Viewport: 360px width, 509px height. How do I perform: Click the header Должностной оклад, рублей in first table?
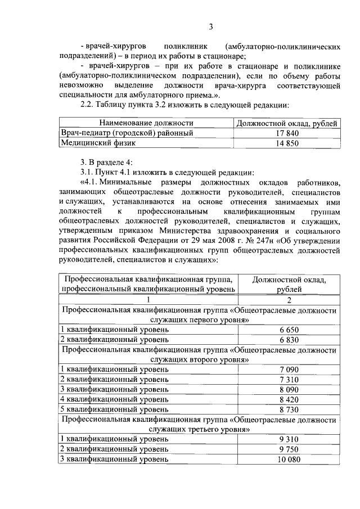click(x=287, y=123)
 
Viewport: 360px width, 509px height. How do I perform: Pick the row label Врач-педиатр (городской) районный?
click(x=127, y=133)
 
